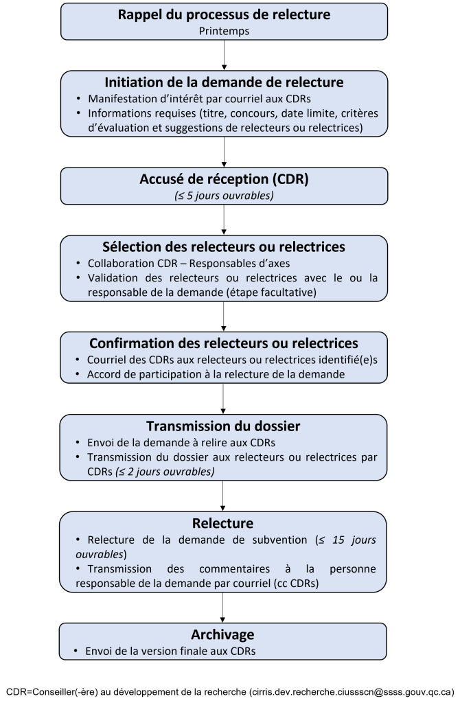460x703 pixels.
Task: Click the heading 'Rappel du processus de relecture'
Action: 224,14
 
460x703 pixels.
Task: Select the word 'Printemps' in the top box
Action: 224,30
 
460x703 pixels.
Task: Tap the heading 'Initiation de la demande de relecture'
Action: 224,82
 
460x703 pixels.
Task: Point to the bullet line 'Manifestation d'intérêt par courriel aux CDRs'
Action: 199,98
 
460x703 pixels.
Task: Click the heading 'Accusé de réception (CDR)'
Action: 224,180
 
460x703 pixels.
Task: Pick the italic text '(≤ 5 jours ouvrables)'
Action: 224,195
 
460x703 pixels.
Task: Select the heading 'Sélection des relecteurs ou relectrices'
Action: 224,247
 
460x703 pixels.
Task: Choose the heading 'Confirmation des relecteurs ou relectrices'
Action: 224,343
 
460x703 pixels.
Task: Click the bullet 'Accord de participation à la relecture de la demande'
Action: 216,374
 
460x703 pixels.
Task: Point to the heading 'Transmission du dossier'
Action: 224,426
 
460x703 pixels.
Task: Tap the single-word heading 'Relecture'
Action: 224,524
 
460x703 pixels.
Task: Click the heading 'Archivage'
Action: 222,634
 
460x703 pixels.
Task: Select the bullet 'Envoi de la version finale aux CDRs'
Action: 170,650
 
